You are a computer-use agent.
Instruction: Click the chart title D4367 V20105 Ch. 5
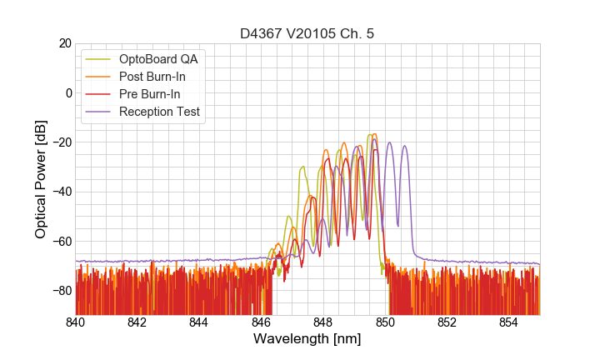[307, 33]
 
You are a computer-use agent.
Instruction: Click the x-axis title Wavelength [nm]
[307, 340]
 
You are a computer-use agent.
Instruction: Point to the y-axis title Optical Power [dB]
[41, 179]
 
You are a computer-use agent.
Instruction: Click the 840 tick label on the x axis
[76, 322]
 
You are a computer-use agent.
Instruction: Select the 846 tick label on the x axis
[262, 322]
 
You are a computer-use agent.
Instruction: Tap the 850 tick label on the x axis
[385, 322]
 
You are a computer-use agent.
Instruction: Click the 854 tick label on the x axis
[509, 322]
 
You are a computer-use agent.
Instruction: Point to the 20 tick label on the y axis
[62, 43]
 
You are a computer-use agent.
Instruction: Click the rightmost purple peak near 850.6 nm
[405, 147]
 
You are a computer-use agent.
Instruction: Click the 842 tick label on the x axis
[137, 322]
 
